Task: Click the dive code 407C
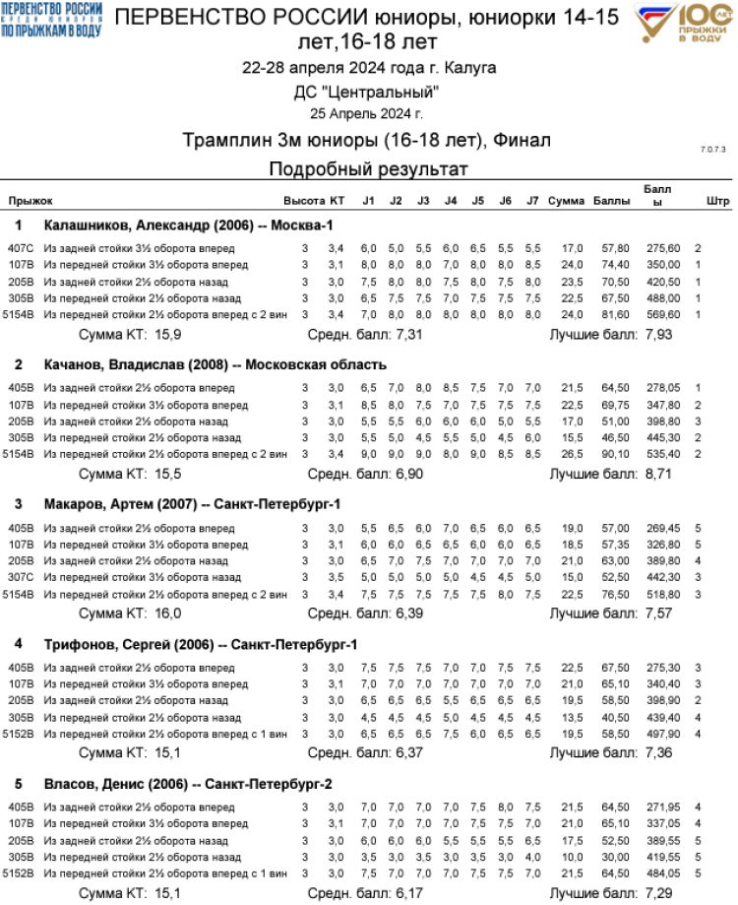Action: coord(21,248)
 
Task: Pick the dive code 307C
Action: coord(21,577)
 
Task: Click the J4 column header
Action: coord(450,201)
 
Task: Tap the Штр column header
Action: coord(718,201)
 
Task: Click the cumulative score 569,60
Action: coord(662,314)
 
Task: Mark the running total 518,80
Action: coord(662,594)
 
